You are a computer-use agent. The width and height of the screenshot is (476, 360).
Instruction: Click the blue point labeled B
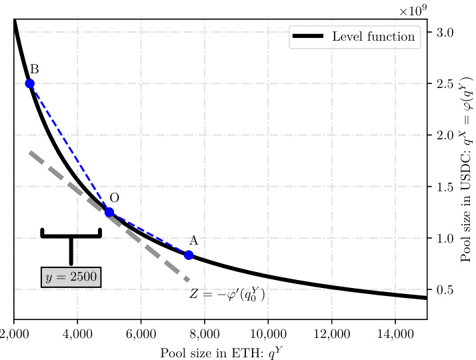click(29, 83)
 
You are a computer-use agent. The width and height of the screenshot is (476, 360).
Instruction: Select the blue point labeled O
click(109, 212)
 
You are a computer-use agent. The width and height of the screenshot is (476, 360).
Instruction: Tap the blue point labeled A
click(189, 255)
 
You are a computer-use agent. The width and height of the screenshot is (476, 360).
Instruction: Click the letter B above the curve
click(34, 69)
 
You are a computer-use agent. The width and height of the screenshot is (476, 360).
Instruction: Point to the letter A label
click(193, 240)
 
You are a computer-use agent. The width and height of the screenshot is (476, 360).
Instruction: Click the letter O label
click(114, 197)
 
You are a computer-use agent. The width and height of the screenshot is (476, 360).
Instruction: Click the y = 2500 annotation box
click(71, 277)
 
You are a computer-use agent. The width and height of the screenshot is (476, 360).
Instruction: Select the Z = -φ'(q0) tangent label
click(227, 294)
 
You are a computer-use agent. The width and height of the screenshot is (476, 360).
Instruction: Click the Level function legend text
click(373, 37)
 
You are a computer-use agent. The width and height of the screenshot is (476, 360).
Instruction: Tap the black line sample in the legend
click(307, 37)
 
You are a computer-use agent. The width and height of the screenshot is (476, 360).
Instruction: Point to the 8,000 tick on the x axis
click(205, 334)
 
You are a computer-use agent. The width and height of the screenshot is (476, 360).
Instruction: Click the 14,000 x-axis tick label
click(395, 334)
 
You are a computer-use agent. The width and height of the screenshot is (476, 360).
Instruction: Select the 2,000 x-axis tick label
click(14, 334)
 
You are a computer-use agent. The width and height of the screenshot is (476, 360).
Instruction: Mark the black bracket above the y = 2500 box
click(71, 235)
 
